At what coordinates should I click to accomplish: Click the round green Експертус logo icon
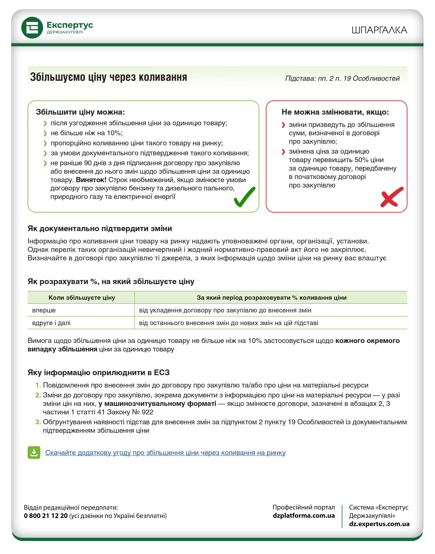pyautogui.click(x=32, y=28)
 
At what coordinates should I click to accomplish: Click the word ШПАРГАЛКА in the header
pyautogui.click(x=379, y=30)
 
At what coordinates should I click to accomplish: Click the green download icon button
pyautogui.click(x=34, y=452)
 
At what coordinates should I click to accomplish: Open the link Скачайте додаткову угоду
pyautogui.click(x=165, y=453)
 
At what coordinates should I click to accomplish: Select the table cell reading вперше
pyautogui.click(x=44, y=310)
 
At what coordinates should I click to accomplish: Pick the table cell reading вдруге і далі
pyautogui.click(x=51, y=323)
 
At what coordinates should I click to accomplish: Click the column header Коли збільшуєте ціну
pyautogui.click(x=82, y=298)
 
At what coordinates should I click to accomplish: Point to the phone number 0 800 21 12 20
pyautogui.click(x=46, y=516)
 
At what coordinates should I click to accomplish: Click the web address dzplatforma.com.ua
pyautogui.click(x=304, y=516)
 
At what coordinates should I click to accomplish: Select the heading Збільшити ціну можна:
pyautogui.click(x=80, y=112)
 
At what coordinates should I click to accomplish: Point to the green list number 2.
pyautogui.click(x=38, y=395)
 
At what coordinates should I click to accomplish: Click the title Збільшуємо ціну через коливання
pyautogui.click(x=108, y=77)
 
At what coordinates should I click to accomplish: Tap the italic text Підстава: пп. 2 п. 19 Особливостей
pyautogui.click(x=342, y=78)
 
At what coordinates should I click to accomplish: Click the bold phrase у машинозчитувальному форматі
pyautogui.click(x=157, y=404)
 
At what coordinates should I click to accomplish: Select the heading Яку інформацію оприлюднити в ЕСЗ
pyautogui.click(x=98, y=373)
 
